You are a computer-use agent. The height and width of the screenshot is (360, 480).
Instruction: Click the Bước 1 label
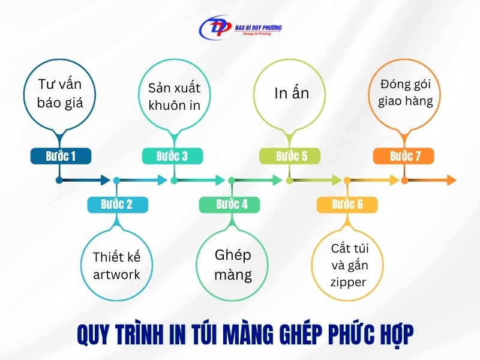(x=61, y=157)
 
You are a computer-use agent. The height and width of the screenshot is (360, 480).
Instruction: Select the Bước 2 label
(x=117, y=205)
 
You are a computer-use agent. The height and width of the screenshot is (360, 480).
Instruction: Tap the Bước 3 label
(x=172, y=157)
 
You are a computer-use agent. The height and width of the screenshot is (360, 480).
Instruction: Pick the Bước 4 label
(x=232, y=205)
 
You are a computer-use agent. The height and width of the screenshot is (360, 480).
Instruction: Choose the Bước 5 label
(x=292, y=157)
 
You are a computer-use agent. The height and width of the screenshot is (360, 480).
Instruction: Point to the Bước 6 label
(x=347, y=205)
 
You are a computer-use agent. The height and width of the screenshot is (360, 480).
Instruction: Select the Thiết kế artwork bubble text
(x=116, y=266)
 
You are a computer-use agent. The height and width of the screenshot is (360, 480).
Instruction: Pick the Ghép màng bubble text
(x=233, y=265)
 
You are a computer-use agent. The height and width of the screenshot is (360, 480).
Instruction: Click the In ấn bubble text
(x=292, y=94)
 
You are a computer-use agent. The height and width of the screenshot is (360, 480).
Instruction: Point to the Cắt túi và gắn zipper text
(x=348, y=265)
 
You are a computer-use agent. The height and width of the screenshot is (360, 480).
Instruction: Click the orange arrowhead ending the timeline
(x=451, y=180)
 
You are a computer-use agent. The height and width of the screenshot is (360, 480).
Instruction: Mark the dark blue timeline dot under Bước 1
(x=59, y=180)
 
